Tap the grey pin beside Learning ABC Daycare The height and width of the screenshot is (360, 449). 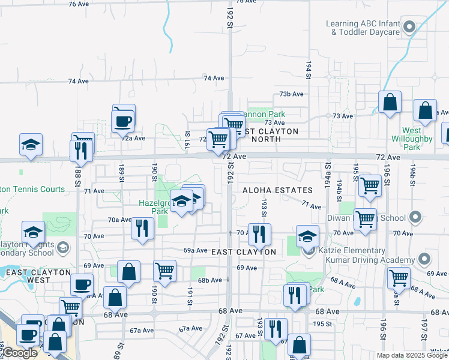click(x=410, y=27)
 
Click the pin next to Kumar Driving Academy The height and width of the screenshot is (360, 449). click(x=425, y=259)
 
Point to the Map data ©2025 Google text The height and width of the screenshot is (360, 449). click(x=411, y=355)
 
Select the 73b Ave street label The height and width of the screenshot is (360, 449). click(x=292, y=94)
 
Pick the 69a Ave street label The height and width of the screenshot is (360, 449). click(x=195, y=250)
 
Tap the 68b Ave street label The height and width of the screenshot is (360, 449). click(x=211, y=280)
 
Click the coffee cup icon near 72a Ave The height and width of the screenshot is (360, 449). click(x=122, y=121)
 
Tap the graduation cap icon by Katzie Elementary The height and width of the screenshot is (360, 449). click(x=307, y=235)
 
